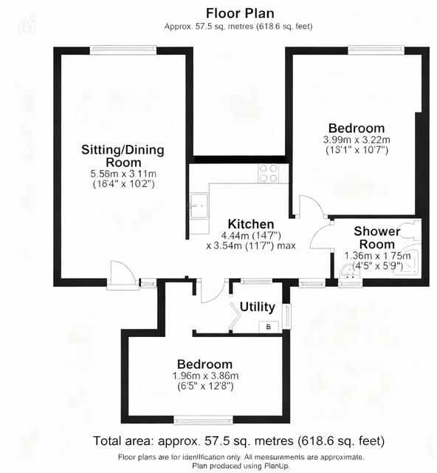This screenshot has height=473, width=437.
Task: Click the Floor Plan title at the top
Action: click(239, 13)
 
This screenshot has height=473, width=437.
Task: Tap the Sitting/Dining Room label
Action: click(123, 156)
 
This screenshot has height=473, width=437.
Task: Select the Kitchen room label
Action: click(251, 224)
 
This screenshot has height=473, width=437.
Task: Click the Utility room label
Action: click(258, 307)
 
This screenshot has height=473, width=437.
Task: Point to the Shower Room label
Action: click(376, 237)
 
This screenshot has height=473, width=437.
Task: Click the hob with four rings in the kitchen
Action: click(269, 173)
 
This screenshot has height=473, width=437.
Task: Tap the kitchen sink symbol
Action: click(198, 205)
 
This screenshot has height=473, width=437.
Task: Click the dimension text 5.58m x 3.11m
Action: click(123, 174)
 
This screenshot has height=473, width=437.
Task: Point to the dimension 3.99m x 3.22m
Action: click(356, 140)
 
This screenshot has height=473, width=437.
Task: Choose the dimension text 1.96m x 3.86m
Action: click(204, 375)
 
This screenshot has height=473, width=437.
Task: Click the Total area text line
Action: click(238, 441)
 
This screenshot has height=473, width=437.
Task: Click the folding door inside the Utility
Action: click(235, 316)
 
